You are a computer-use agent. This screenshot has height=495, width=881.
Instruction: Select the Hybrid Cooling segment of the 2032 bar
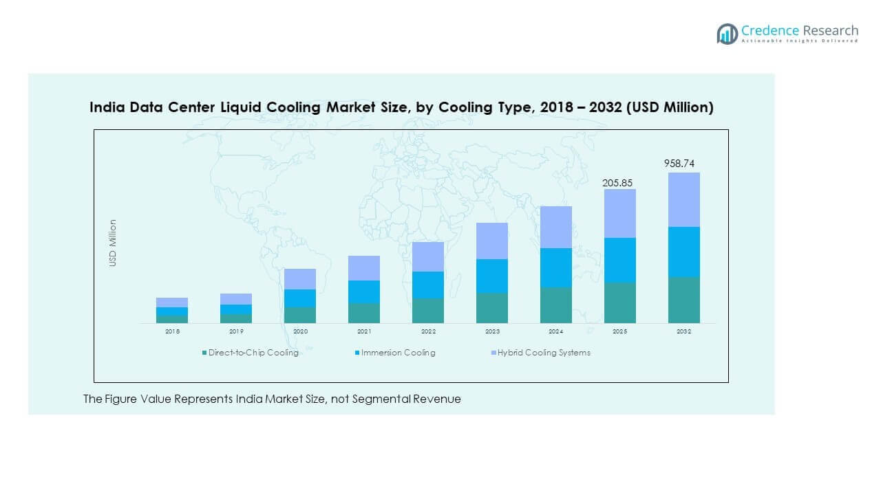(x=683, y=199)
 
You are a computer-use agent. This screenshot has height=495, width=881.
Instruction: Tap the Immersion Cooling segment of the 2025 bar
(x=619, y=260)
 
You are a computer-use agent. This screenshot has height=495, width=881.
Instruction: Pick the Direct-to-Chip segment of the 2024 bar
(x=555, y=305)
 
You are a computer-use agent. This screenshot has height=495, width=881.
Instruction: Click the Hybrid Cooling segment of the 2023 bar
(x=491, y=241)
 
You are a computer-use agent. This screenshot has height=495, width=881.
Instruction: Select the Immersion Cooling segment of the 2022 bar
(x=427, y=285)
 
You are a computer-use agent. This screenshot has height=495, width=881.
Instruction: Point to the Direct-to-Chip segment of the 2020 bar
(x=299, y=315)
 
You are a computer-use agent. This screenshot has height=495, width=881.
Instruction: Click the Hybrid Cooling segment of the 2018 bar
(x=171, y=302)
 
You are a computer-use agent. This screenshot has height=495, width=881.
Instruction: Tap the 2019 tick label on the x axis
(x=235, y=331)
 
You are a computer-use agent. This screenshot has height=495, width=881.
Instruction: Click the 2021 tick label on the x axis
(x=363, y=331)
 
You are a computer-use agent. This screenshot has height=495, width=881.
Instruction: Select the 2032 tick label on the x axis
(x=683, y=331)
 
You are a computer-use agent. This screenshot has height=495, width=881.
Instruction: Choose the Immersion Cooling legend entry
(x=398, y=353)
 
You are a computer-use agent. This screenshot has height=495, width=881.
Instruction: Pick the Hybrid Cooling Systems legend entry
(x=544, y=353)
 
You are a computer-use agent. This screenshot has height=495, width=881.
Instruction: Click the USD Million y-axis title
(x=113, y=243)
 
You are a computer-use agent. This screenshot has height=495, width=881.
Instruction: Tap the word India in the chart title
(x=107, y=108)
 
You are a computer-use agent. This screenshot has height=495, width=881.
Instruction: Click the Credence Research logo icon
(x=727, y=33)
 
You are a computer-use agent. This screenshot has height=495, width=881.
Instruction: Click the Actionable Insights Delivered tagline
(x=800, y=41)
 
